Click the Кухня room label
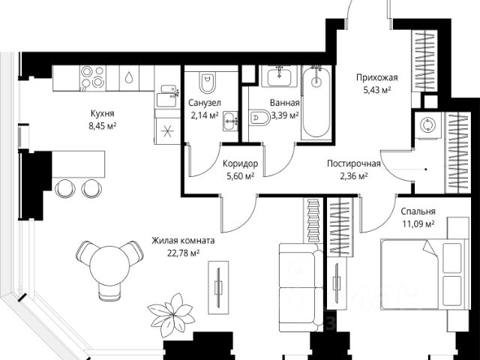click(102, 113)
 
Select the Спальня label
click(418, 211)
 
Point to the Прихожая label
click(376, 77)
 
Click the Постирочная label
click(353, 163)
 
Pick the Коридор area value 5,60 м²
click(239, 176)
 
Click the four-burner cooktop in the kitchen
click(93, 77)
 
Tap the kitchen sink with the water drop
click(129, 78)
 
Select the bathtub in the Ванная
click(316, 103)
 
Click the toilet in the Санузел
click(207, 82)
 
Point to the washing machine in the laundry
click(428, 125)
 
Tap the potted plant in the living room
click(170, 310)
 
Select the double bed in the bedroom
click(424, 274)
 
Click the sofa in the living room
click(301, 287)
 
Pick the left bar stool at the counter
click(65, 188)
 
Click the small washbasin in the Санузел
click(230, 121)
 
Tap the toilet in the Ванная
click(259, 118)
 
